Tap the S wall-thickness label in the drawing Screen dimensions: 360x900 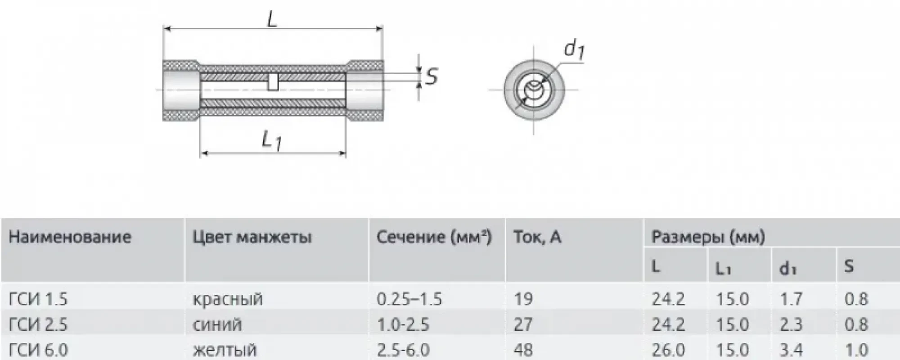(x=432, y=77)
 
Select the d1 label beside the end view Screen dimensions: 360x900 (x=574, y=49)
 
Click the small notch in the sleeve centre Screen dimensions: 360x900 (x=273, y=82)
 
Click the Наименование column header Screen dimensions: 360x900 (x=70, y=237)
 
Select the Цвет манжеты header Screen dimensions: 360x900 (x=252, y=237)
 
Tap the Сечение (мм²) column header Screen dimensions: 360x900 (x=434, y=237)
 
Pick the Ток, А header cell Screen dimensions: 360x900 (x=537, y=237)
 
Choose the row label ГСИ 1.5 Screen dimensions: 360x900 (x=38, y=299)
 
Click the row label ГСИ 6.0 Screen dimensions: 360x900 (x=38, y=350)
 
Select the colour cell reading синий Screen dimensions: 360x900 (x=217, y=324)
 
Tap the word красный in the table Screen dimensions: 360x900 (x=227, y=299)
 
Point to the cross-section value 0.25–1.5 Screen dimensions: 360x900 (x=409, y=299)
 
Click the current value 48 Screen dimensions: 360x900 (x=523, y=350)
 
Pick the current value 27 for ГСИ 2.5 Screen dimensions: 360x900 (x=523, y=324)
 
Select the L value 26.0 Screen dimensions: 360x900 (x=668, y=350)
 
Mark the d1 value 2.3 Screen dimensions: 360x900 (x=791, y=324)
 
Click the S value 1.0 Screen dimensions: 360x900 (x=856, y=350)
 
